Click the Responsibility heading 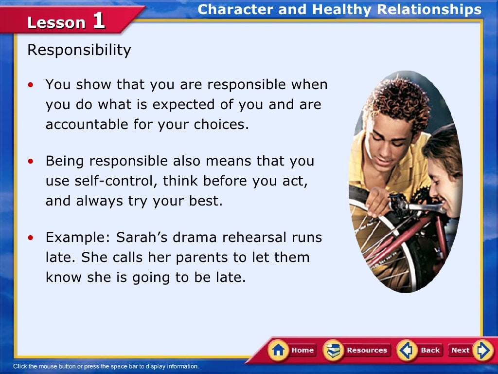coord(79,50)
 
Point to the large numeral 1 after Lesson coord(98,21)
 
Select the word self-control coord(102,181)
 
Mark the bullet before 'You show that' coord(32,85)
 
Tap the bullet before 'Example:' coord(32,238)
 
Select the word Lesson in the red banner coord(56,22)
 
